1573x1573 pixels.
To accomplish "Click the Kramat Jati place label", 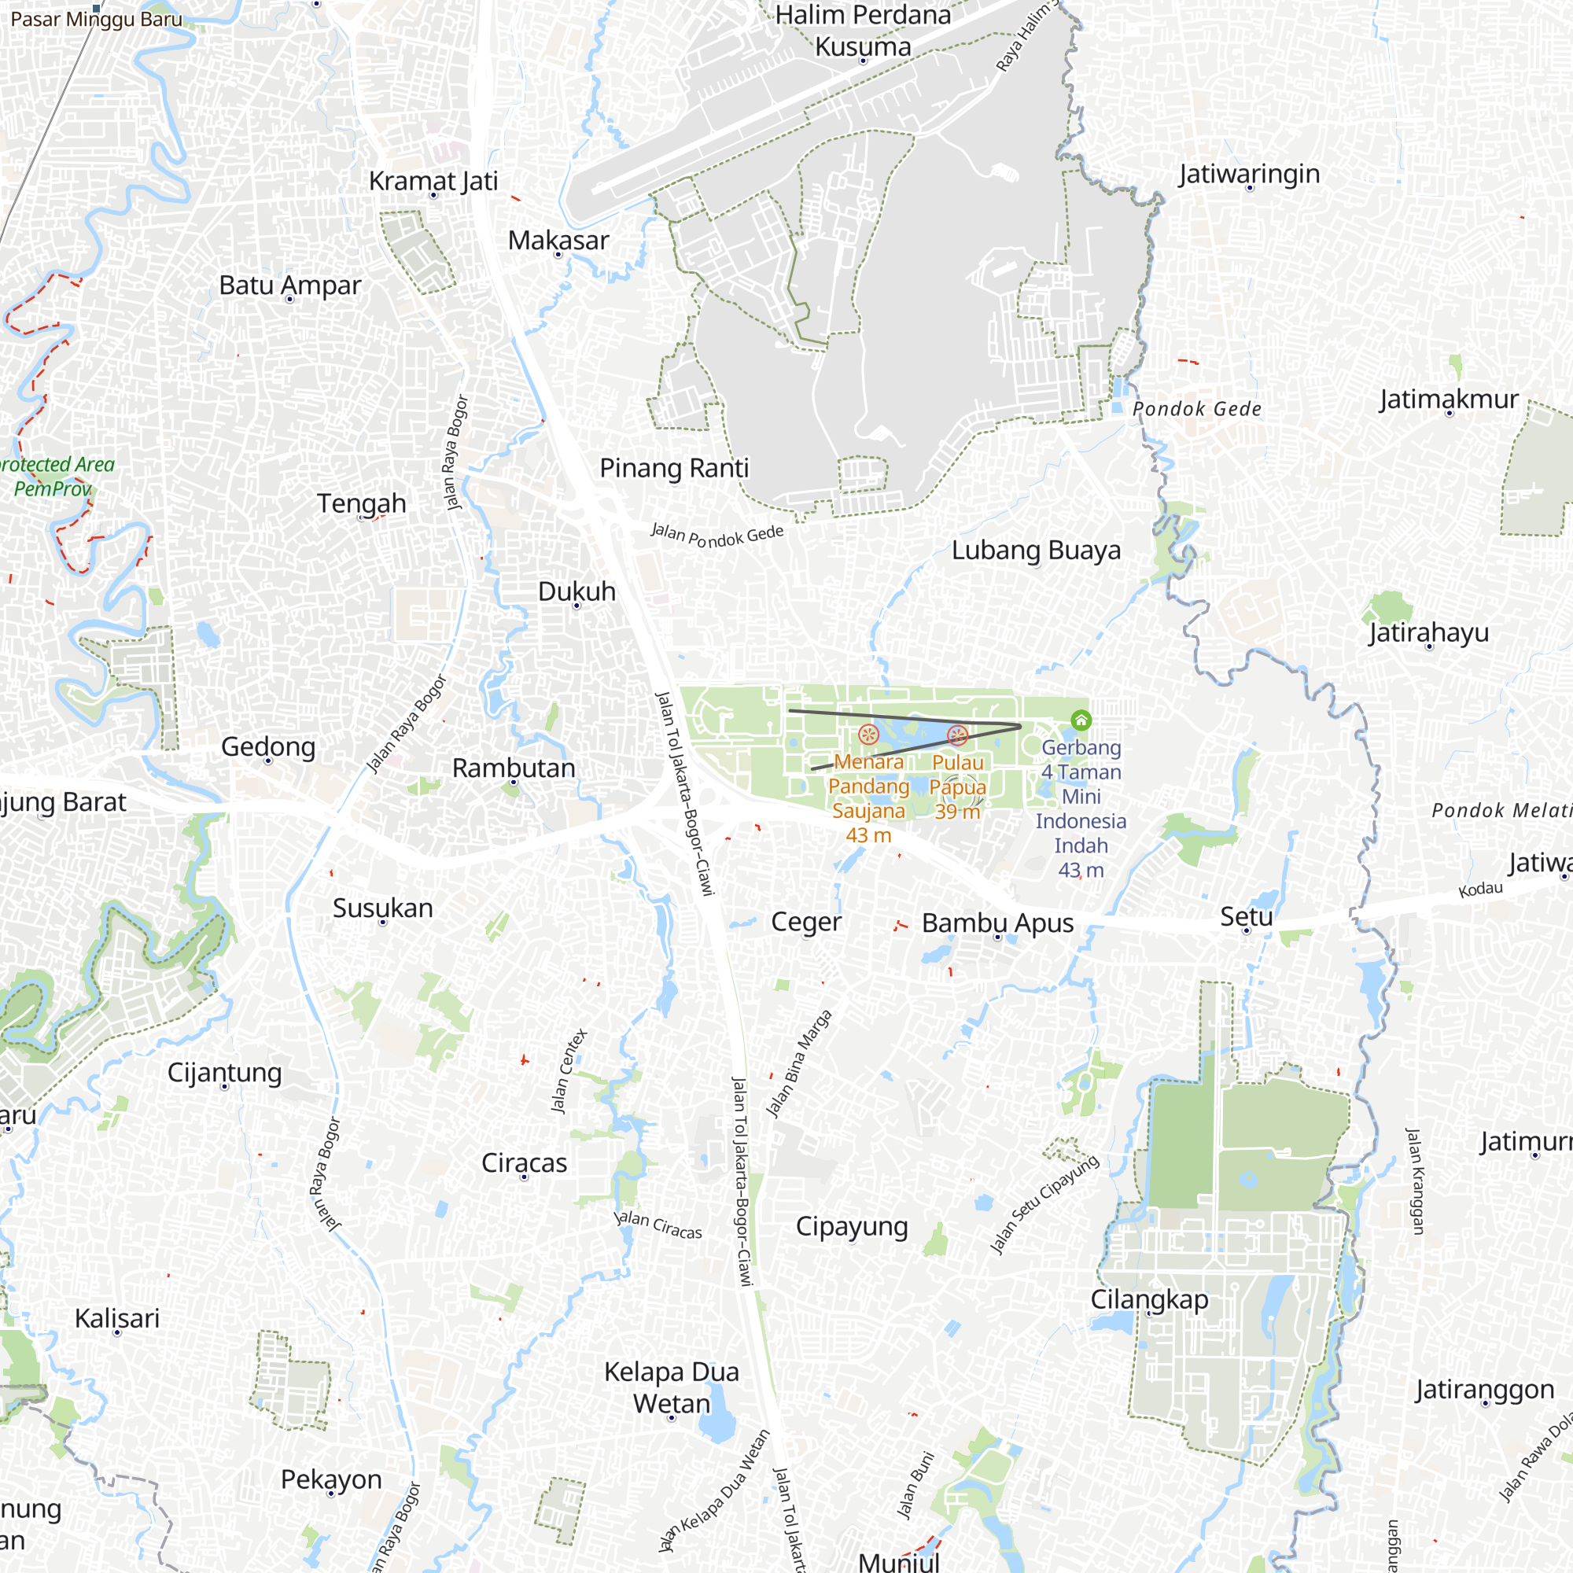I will (433, 181).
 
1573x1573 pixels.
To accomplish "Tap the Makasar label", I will (558, 240).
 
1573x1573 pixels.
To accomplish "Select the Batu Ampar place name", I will (290, 285).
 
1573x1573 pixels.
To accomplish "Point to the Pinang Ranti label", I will (674, 468).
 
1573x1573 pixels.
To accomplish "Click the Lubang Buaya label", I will (1036, 551).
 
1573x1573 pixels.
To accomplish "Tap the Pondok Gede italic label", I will (1197, 409).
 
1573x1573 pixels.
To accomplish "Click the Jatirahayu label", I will (1428, 632).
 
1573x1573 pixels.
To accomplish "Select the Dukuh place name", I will (577, 591).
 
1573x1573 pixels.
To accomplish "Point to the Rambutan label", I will (514, 768).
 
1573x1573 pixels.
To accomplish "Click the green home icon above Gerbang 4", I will (1081, 720).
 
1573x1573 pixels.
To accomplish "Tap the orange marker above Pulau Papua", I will (957, 736).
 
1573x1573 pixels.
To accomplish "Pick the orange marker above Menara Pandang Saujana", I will (869, 735).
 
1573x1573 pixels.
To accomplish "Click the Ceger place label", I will (806, 922).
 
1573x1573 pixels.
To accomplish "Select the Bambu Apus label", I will (997, 923).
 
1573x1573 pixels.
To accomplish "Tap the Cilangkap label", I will (1149, 1299).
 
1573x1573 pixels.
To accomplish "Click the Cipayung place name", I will (852, 1226).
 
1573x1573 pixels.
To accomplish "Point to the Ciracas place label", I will (525, 1162).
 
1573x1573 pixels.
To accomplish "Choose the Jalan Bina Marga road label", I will (800, 1063).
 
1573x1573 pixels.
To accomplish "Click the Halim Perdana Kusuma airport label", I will (863, 31).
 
